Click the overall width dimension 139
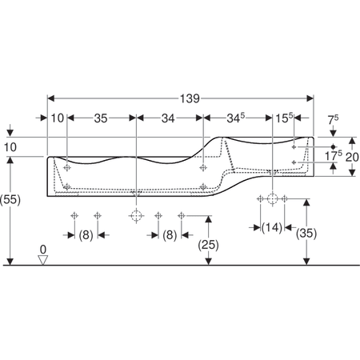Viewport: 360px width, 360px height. point(190,98)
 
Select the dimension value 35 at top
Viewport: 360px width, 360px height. point(101,118)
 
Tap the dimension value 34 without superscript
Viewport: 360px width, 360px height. point(168,118)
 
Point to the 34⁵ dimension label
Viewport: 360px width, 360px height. point(236,118)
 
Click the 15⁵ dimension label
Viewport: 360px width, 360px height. point(284,118)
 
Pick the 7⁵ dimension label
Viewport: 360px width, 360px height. point(333,120)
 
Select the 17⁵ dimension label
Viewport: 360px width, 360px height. point(334,156)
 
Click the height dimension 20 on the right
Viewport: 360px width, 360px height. point(352,157)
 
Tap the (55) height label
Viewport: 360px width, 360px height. point(10,199)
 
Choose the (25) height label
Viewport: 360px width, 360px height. point(208,245)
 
